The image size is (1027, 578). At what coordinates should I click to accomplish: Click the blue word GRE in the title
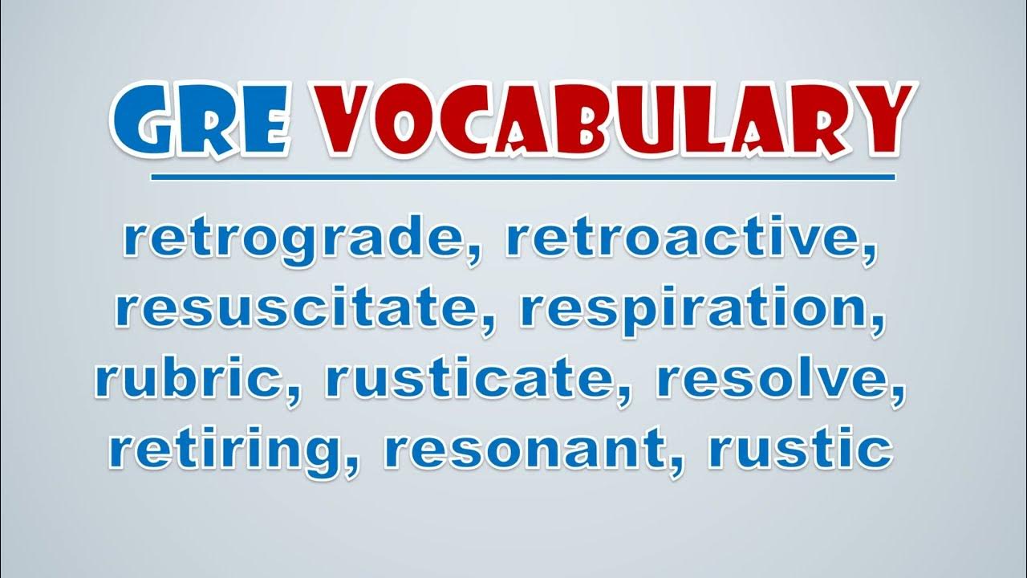pos(201,120)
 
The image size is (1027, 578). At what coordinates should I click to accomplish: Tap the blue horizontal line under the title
pos(522,177)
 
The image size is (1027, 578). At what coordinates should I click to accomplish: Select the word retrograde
pos(294,240)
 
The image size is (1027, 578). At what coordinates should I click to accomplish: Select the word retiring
pos(225,452)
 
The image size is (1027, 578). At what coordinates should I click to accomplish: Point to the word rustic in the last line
pos(800,448)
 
